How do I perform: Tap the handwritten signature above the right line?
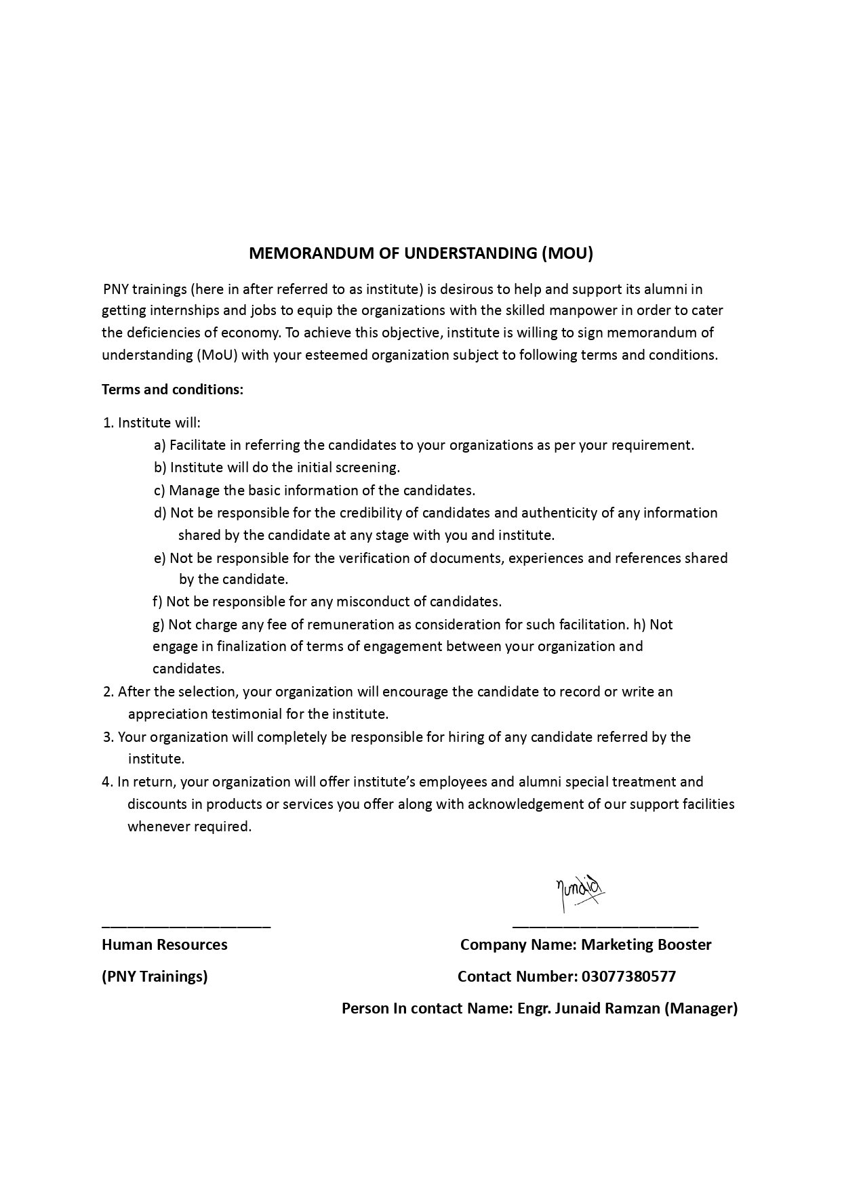tap(578, 893)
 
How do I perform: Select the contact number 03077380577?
tap(628, 976)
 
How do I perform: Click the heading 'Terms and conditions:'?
tap(172, 390)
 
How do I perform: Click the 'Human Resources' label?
tap(165, 944)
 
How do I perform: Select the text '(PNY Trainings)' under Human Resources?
tap(155, 976)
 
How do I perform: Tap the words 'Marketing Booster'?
tap(647, 944)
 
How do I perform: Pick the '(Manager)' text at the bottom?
tap(701, 1008)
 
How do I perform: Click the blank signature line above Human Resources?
tap(186, 925)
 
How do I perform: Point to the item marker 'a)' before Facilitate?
tap(160, 445)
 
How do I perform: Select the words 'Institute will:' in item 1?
tap(159, 423)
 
